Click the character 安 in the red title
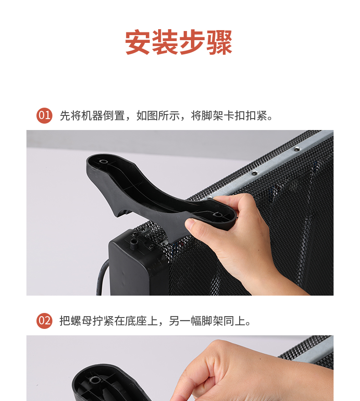[x=138, y=42]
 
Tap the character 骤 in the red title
[x=219, y=42]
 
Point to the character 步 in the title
[x=192, y=42]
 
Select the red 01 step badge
[x=44, y=115]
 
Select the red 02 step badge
[x=44, y=321]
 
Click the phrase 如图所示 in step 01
[x=158, y=115]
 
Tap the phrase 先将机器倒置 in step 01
[x=92, y=115]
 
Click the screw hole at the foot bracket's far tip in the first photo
[x=103, y=161]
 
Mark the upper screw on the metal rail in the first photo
[x=297, y=149]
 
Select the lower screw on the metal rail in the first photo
[x=254, y=173]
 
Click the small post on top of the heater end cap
[x=133, y=244]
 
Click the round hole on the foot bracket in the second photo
[x=95, y=380]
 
